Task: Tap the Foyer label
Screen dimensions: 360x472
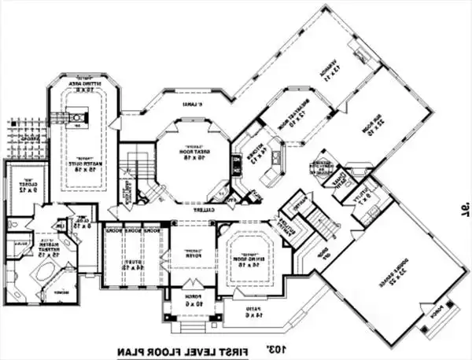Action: click(190, 253)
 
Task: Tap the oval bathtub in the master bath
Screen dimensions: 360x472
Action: click(43, 277)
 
